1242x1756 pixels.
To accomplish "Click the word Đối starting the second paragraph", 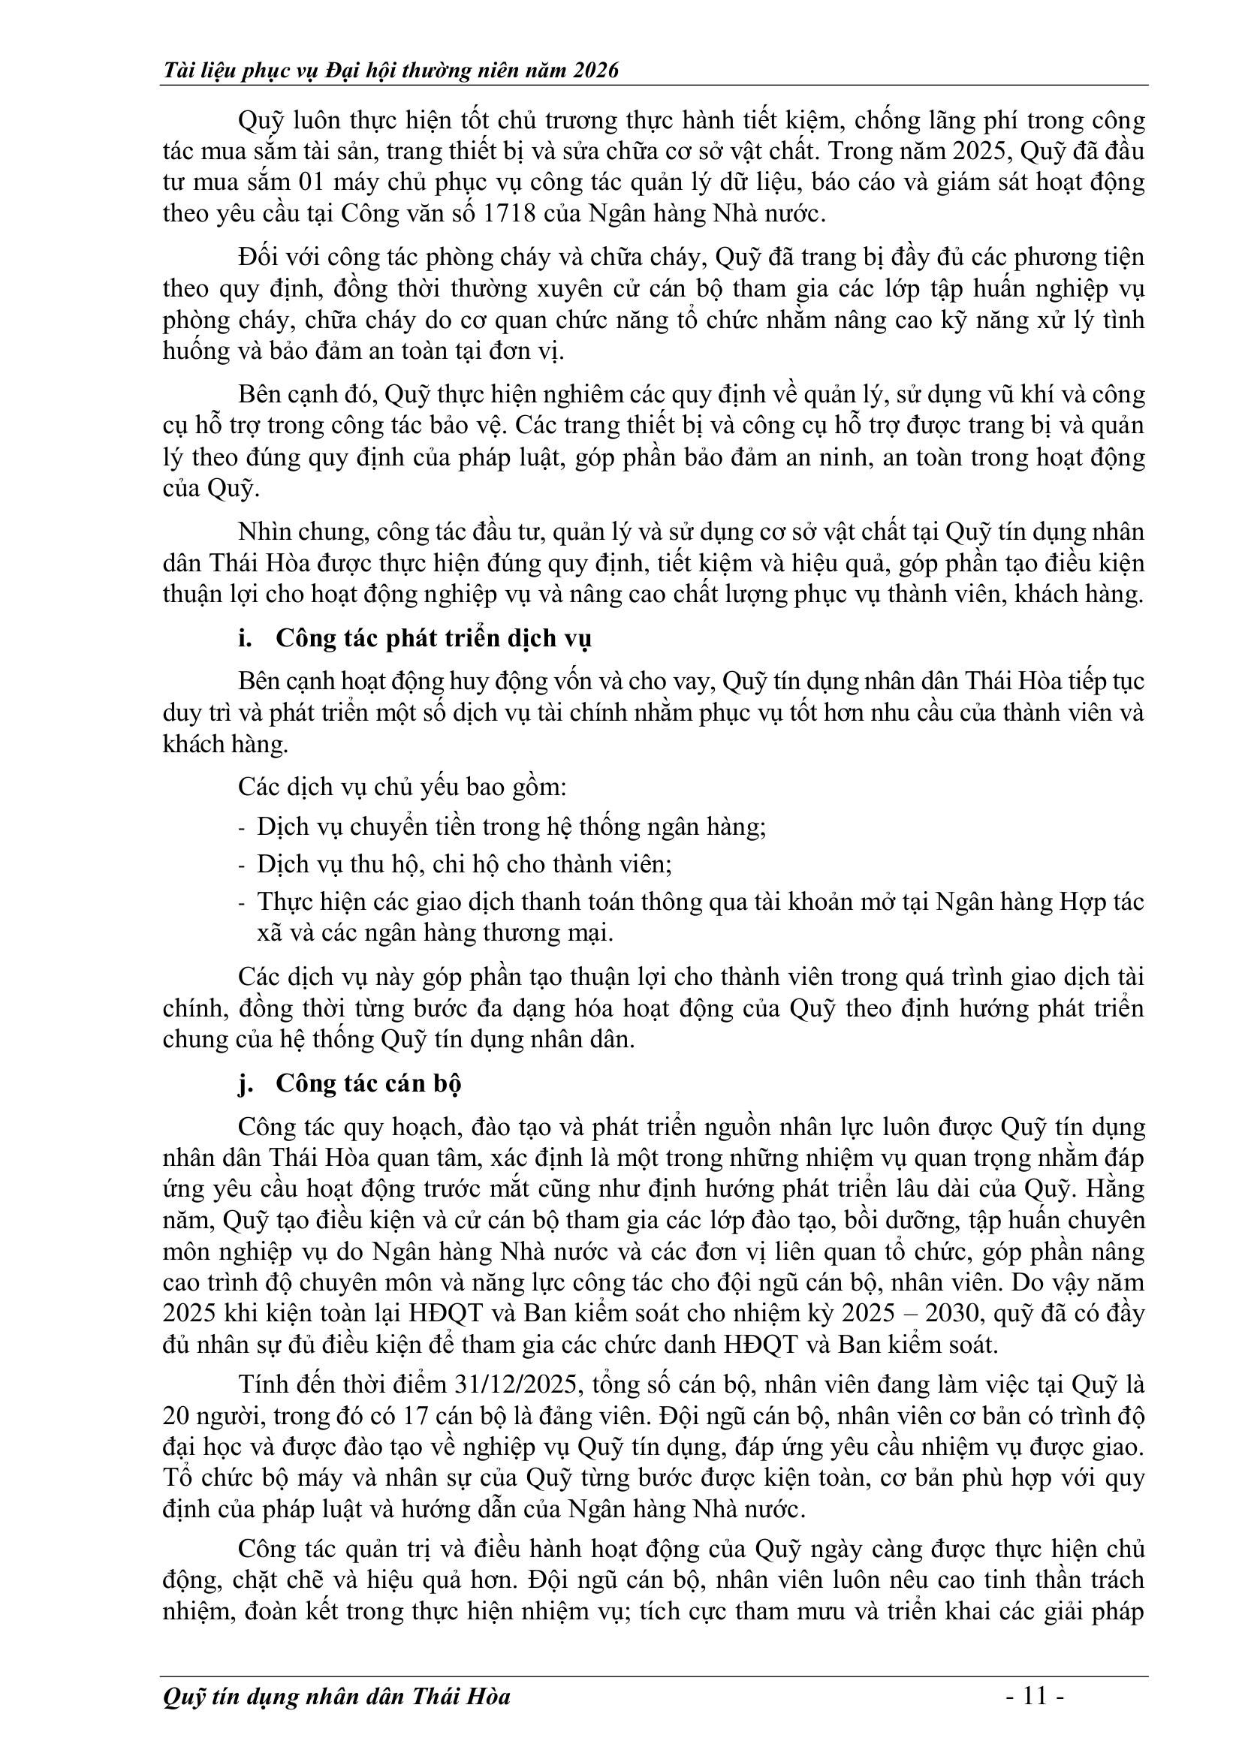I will point(257,258).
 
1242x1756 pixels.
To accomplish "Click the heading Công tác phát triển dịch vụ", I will point(433,638).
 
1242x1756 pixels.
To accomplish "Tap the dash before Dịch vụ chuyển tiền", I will point(243,827).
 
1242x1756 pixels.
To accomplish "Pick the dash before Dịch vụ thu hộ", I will point(243,864).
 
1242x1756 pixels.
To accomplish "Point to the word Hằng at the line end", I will point(1114,1189).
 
